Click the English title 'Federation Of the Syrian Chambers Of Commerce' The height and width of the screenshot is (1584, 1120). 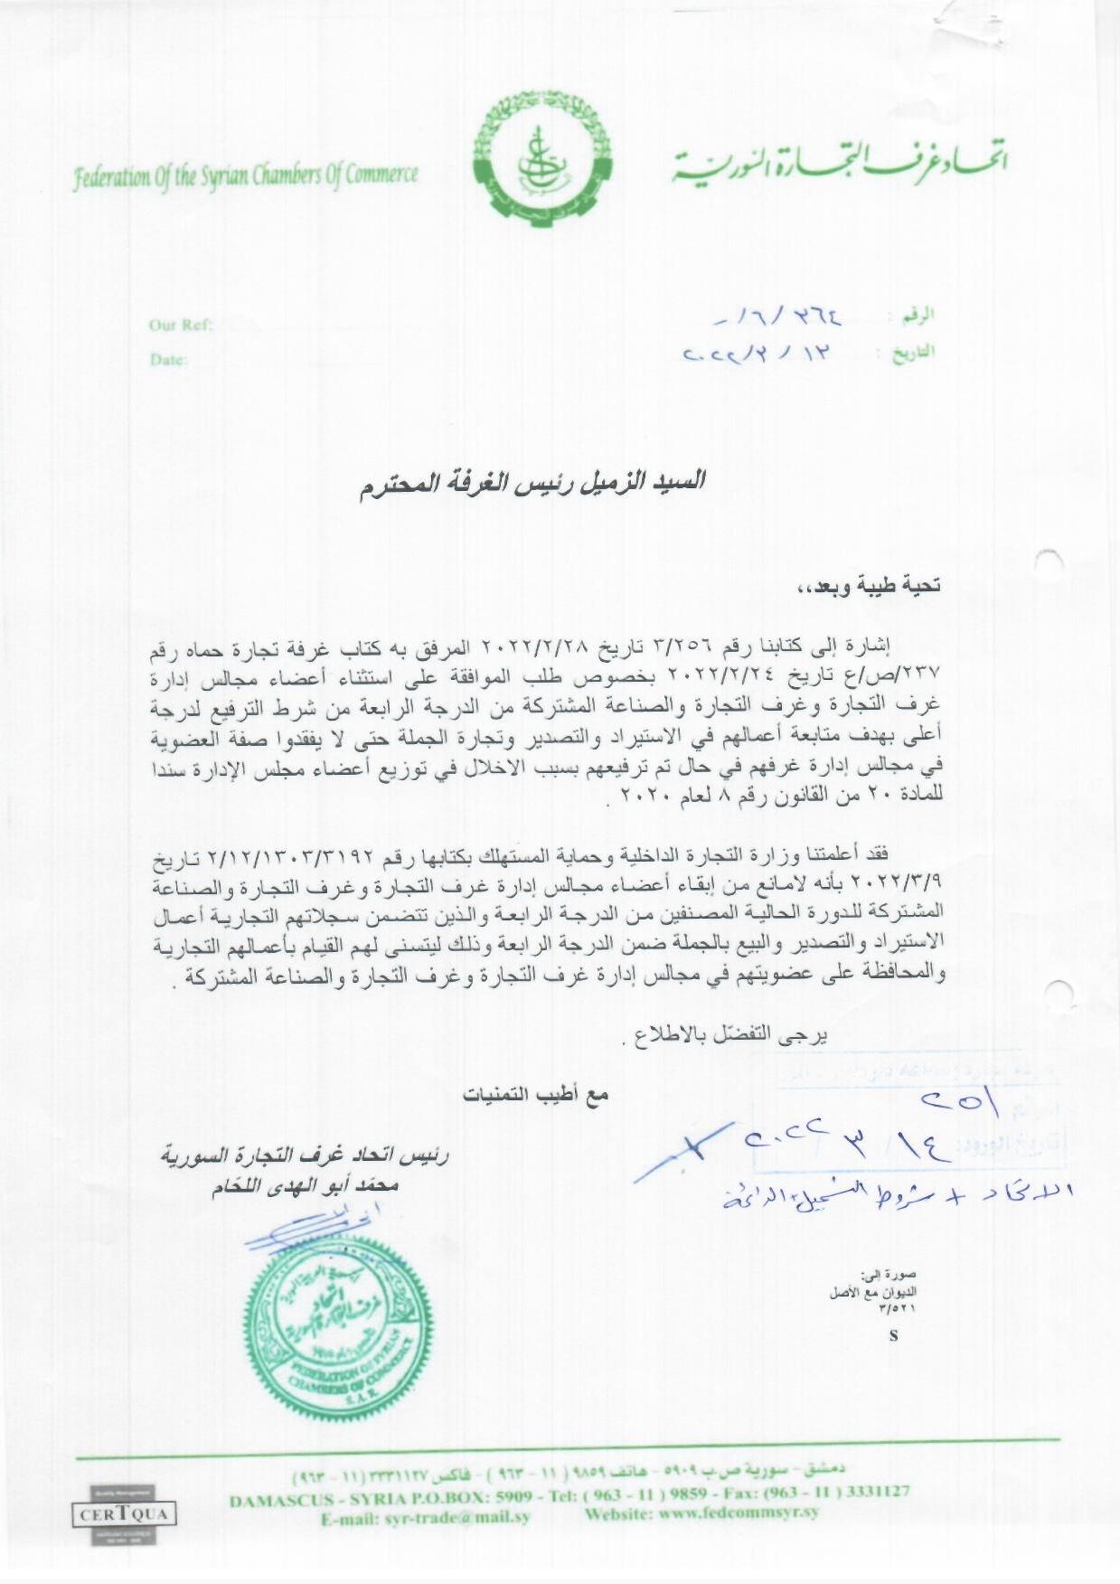tap(246, 174)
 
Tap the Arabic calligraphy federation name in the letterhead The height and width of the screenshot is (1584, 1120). tap(839, 162)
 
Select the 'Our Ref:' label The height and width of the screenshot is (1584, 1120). tap(181, 325)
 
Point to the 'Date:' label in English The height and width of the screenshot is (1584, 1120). tap(169, 360)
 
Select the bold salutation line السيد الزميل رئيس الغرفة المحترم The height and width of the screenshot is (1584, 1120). tap(531, 482)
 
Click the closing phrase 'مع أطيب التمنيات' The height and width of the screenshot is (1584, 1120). tap(535, 1095)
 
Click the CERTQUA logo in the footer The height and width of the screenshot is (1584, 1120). tap(124, 1514)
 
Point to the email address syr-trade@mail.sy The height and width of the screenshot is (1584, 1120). tap(426, 1517)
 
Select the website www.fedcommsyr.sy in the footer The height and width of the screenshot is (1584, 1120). tap(701, 1512)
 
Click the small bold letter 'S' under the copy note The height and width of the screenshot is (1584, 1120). tap(893, 1336)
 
